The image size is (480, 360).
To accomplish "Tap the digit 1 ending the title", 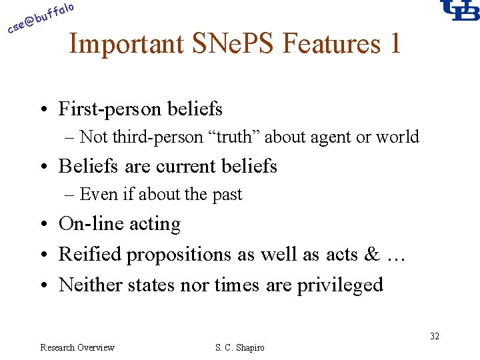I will point(395,43).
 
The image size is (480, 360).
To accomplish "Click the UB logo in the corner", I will point(460,10).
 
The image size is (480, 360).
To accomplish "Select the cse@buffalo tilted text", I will point(40,18).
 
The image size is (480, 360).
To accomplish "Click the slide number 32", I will point(434,336).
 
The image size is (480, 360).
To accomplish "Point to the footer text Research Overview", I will point(77,347).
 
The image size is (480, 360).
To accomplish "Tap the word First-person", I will point(105,109).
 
